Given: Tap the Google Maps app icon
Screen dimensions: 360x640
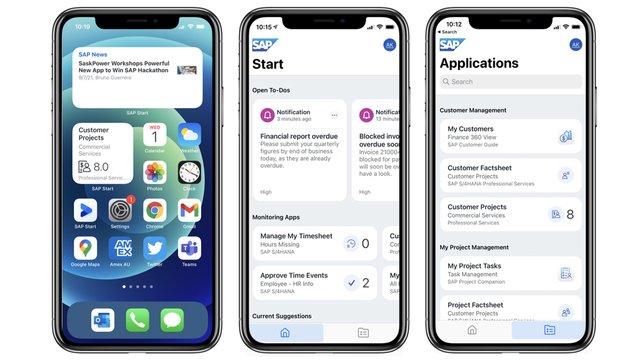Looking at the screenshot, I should click(x=87, y=246).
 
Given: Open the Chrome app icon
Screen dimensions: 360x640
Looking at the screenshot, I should click(x=154, y=210).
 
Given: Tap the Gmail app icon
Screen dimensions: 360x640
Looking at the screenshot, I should click(x=189, y=210).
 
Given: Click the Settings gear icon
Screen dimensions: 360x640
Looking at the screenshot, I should click(x=120, y=210).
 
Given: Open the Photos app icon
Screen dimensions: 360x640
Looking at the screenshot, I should click(x=154, y=172).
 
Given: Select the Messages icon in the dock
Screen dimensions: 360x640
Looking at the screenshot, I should click(x=172, y=320).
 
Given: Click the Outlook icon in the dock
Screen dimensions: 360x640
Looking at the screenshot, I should click(x=102, y=320).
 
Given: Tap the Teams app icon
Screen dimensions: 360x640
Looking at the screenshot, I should click(x=189, y=246).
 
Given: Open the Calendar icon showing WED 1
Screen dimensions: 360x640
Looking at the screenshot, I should click(x=154, y=136).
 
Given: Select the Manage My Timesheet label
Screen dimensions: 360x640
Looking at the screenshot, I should click(x=295, y=235).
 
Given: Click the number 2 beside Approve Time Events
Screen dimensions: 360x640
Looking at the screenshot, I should click(x=366, y=283).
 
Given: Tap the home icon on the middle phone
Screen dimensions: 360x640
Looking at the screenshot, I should click(x=285, y=331).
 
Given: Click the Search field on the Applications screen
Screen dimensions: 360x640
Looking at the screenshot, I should click(x=510, y=82).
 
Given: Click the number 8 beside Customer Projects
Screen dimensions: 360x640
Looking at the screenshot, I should click(x=570, y=214).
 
